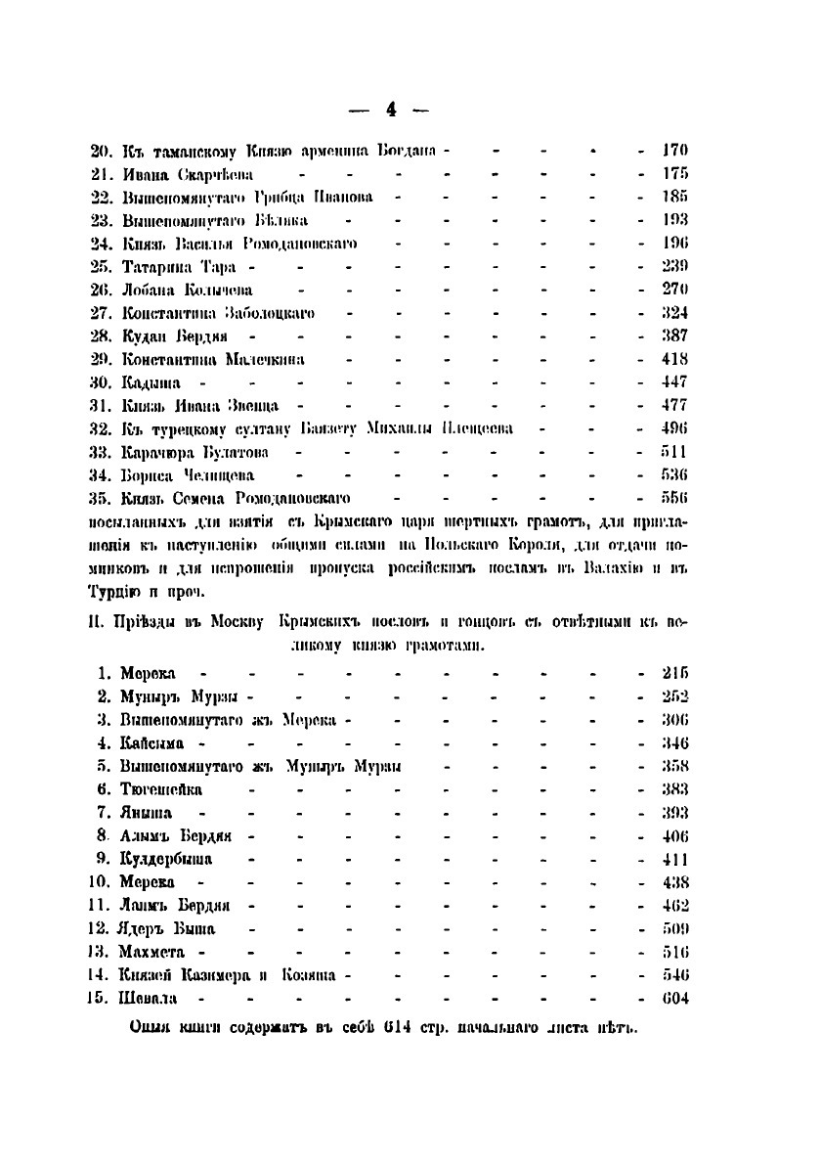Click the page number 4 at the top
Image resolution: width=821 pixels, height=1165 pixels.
[391, 110]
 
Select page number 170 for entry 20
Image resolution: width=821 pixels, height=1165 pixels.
[675, 152]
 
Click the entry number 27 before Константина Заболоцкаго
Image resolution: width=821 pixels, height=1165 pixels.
[103, 313]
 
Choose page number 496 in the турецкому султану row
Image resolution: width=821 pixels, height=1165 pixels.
[675, 428]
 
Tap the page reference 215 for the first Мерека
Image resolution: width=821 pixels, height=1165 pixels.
[675, 674]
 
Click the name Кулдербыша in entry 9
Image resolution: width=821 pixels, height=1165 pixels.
[166, 859]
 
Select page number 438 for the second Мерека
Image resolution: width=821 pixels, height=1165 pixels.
[675, 882]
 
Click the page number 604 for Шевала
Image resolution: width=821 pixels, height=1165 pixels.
[675, 998]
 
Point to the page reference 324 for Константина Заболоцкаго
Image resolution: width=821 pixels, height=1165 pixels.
[675, 313]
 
